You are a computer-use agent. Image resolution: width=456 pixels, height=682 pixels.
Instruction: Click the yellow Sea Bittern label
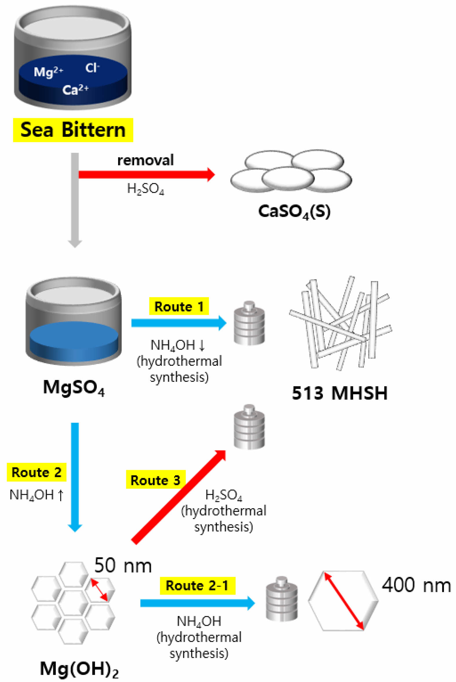(73, 130)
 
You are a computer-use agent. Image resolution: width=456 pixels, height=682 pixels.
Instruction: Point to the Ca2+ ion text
(75, 90)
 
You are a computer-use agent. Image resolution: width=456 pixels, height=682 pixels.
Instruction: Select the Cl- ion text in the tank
(92, 68)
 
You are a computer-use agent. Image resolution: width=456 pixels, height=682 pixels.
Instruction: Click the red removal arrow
(147, 174)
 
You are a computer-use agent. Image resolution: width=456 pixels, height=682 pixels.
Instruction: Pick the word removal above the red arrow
(145, 160)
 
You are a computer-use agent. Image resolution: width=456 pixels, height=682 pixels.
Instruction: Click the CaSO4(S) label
(294, 212)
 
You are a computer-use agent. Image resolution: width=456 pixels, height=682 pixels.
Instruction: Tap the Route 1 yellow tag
(179, 306)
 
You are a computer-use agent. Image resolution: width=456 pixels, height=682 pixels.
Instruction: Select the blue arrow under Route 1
(179, 323)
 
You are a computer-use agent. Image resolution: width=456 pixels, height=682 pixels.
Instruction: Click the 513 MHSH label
(340, 393)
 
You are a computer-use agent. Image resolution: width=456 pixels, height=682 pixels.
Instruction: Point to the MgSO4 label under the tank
(74, 388)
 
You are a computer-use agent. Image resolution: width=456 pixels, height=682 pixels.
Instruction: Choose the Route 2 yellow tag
(37, 472)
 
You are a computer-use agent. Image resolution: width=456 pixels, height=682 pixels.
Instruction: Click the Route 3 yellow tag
(155, 480)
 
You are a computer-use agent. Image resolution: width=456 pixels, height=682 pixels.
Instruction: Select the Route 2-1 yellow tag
(197, 586)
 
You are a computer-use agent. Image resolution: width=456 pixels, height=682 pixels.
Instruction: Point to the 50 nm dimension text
(123, 565)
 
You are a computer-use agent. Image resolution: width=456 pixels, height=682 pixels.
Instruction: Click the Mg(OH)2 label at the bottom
(79, 669)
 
